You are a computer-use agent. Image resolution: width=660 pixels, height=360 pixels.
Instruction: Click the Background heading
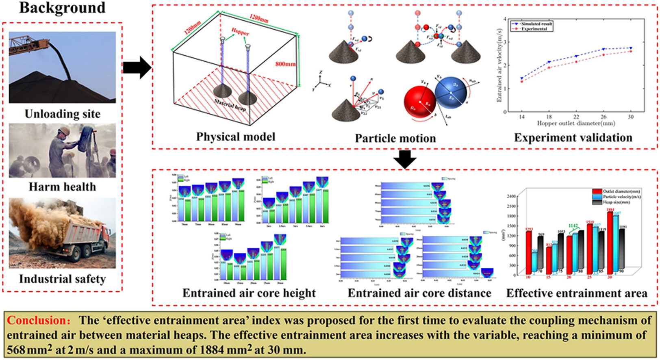(x=62, y=7)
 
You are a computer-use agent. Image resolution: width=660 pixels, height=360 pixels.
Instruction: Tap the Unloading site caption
(x=62, y=114)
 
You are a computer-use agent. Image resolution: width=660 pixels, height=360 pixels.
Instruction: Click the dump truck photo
(x=62, y=233)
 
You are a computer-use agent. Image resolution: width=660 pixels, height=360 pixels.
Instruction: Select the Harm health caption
(x=62, y=187)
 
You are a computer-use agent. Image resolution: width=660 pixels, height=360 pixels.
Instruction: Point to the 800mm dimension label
(x=285, y=64)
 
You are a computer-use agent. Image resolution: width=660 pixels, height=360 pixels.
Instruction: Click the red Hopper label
(x=240, y=32)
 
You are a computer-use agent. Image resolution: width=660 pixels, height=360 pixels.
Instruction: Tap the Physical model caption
(x=235, y=137)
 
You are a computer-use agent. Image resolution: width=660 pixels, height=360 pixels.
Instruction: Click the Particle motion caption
(x=395, y=139)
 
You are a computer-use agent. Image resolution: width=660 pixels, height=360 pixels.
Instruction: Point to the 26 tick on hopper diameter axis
(x=604, y=117)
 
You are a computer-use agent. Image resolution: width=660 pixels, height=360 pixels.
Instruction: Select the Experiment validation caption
(x=573, y=138)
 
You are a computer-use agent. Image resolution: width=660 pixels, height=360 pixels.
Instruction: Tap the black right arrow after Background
(x=137, y=67)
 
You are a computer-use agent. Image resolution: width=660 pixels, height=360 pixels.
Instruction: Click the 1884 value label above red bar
(x=610, y=210)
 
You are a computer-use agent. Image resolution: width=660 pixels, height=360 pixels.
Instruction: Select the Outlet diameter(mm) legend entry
(x=621, y=191)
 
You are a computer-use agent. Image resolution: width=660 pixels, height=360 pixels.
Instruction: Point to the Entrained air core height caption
(x=249, y=293)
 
